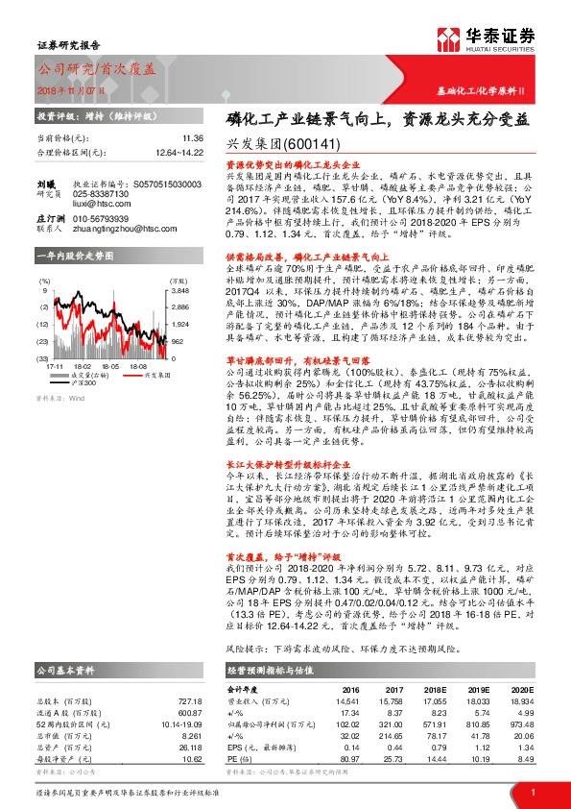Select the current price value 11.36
[x=166, y=138]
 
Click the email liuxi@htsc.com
[x=98, y=205]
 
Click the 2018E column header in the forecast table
[x=440, y=688]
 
